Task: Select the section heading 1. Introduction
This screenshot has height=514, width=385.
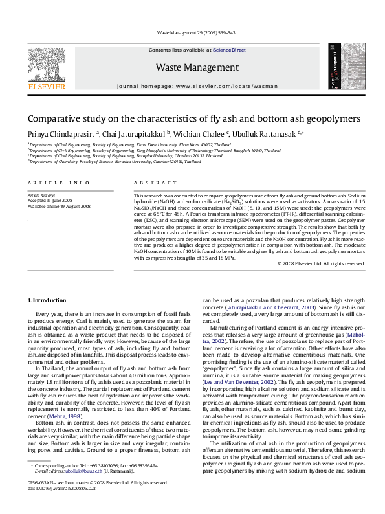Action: (x=49, y=300)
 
